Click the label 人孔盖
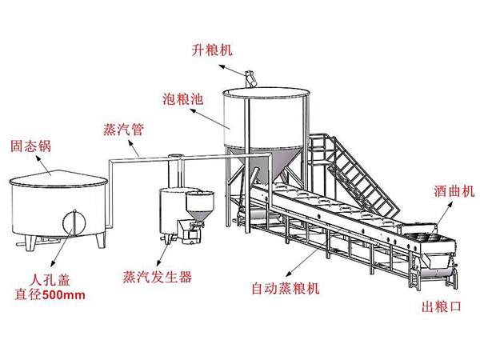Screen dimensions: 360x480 click(47, 281)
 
